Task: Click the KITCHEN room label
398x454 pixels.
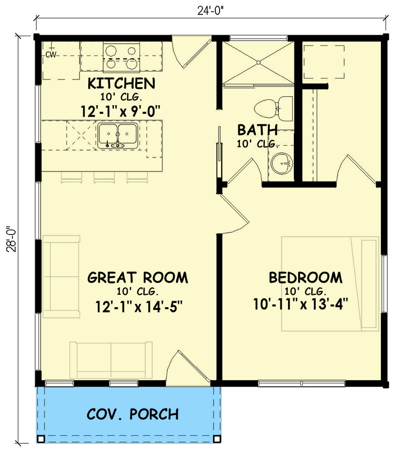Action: point(121,83)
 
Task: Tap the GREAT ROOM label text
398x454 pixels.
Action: point(137,277)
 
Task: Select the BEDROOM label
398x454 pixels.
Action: point(305,278)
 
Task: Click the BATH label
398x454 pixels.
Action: point(257,130)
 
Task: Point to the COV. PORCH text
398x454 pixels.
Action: point(132,414)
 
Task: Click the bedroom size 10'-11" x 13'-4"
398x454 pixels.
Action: point(301,304)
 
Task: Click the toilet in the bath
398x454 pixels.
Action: point(276,109)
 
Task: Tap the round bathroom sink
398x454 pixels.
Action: point(281,162)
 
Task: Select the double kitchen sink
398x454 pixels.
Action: point(118,136)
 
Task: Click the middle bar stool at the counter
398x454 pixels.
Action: point(104,176)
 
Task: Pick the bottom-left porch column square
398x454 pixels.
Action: point(41,439)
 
